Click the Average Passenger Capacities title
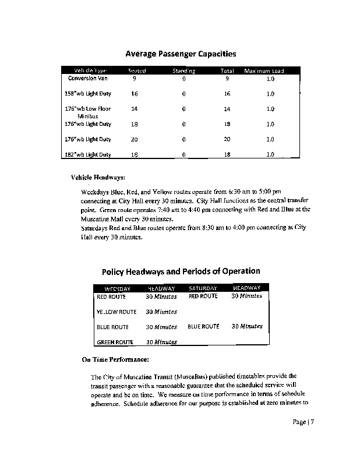tap(181, 54)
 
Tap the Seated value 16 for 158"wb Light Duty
tap(135, 94)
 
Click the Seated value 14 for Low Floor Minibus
tap(135, 109)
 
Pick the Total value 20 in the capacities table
tap(227, 139)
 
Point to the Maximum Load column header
tap(264, 71)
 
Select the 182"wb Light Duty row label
tap(88, 154)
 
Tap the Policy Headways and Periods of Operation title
tap(181, 271)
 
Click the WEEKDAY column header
tap(117, 288)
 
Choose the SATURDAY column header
tap(203, 288)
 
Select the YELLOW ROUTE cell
tap(117, 312)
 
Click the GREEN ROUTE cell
tap(115, 342)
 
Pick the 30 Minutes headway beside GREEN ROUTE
tap(161, 342)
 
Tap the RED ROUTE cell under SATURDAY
tap(203, 296)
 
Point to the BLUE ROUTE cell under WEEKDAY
tap(112, 327)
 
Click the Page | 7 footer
tap(303, 422)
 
